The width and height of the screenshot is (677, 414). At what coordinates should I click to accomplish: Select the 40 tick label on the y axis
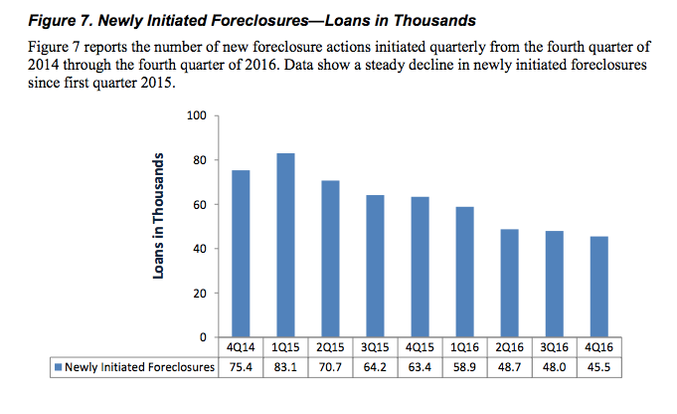(198, 249)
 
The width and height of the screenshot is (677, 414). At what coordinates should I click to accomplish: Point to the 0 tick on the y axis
(201, 337)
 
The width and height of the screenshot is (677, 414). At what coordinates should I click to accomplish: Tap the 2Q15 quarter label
(329, 349)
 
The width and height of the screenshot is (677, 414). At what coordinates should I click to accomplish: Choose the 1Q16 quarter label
(463, 349)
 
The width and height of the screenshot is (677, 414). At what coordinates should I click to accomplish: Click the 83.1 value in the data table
(284, 368)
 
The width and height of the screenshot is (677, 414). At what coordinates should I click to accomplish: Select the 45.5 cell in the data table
(597, 368)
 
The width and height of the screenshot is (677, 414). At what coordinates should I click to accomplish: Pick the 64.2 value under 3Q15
(374, 368)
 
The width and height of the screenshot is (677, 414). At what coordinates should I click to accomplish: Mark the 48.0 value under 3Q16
(553, 368)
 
